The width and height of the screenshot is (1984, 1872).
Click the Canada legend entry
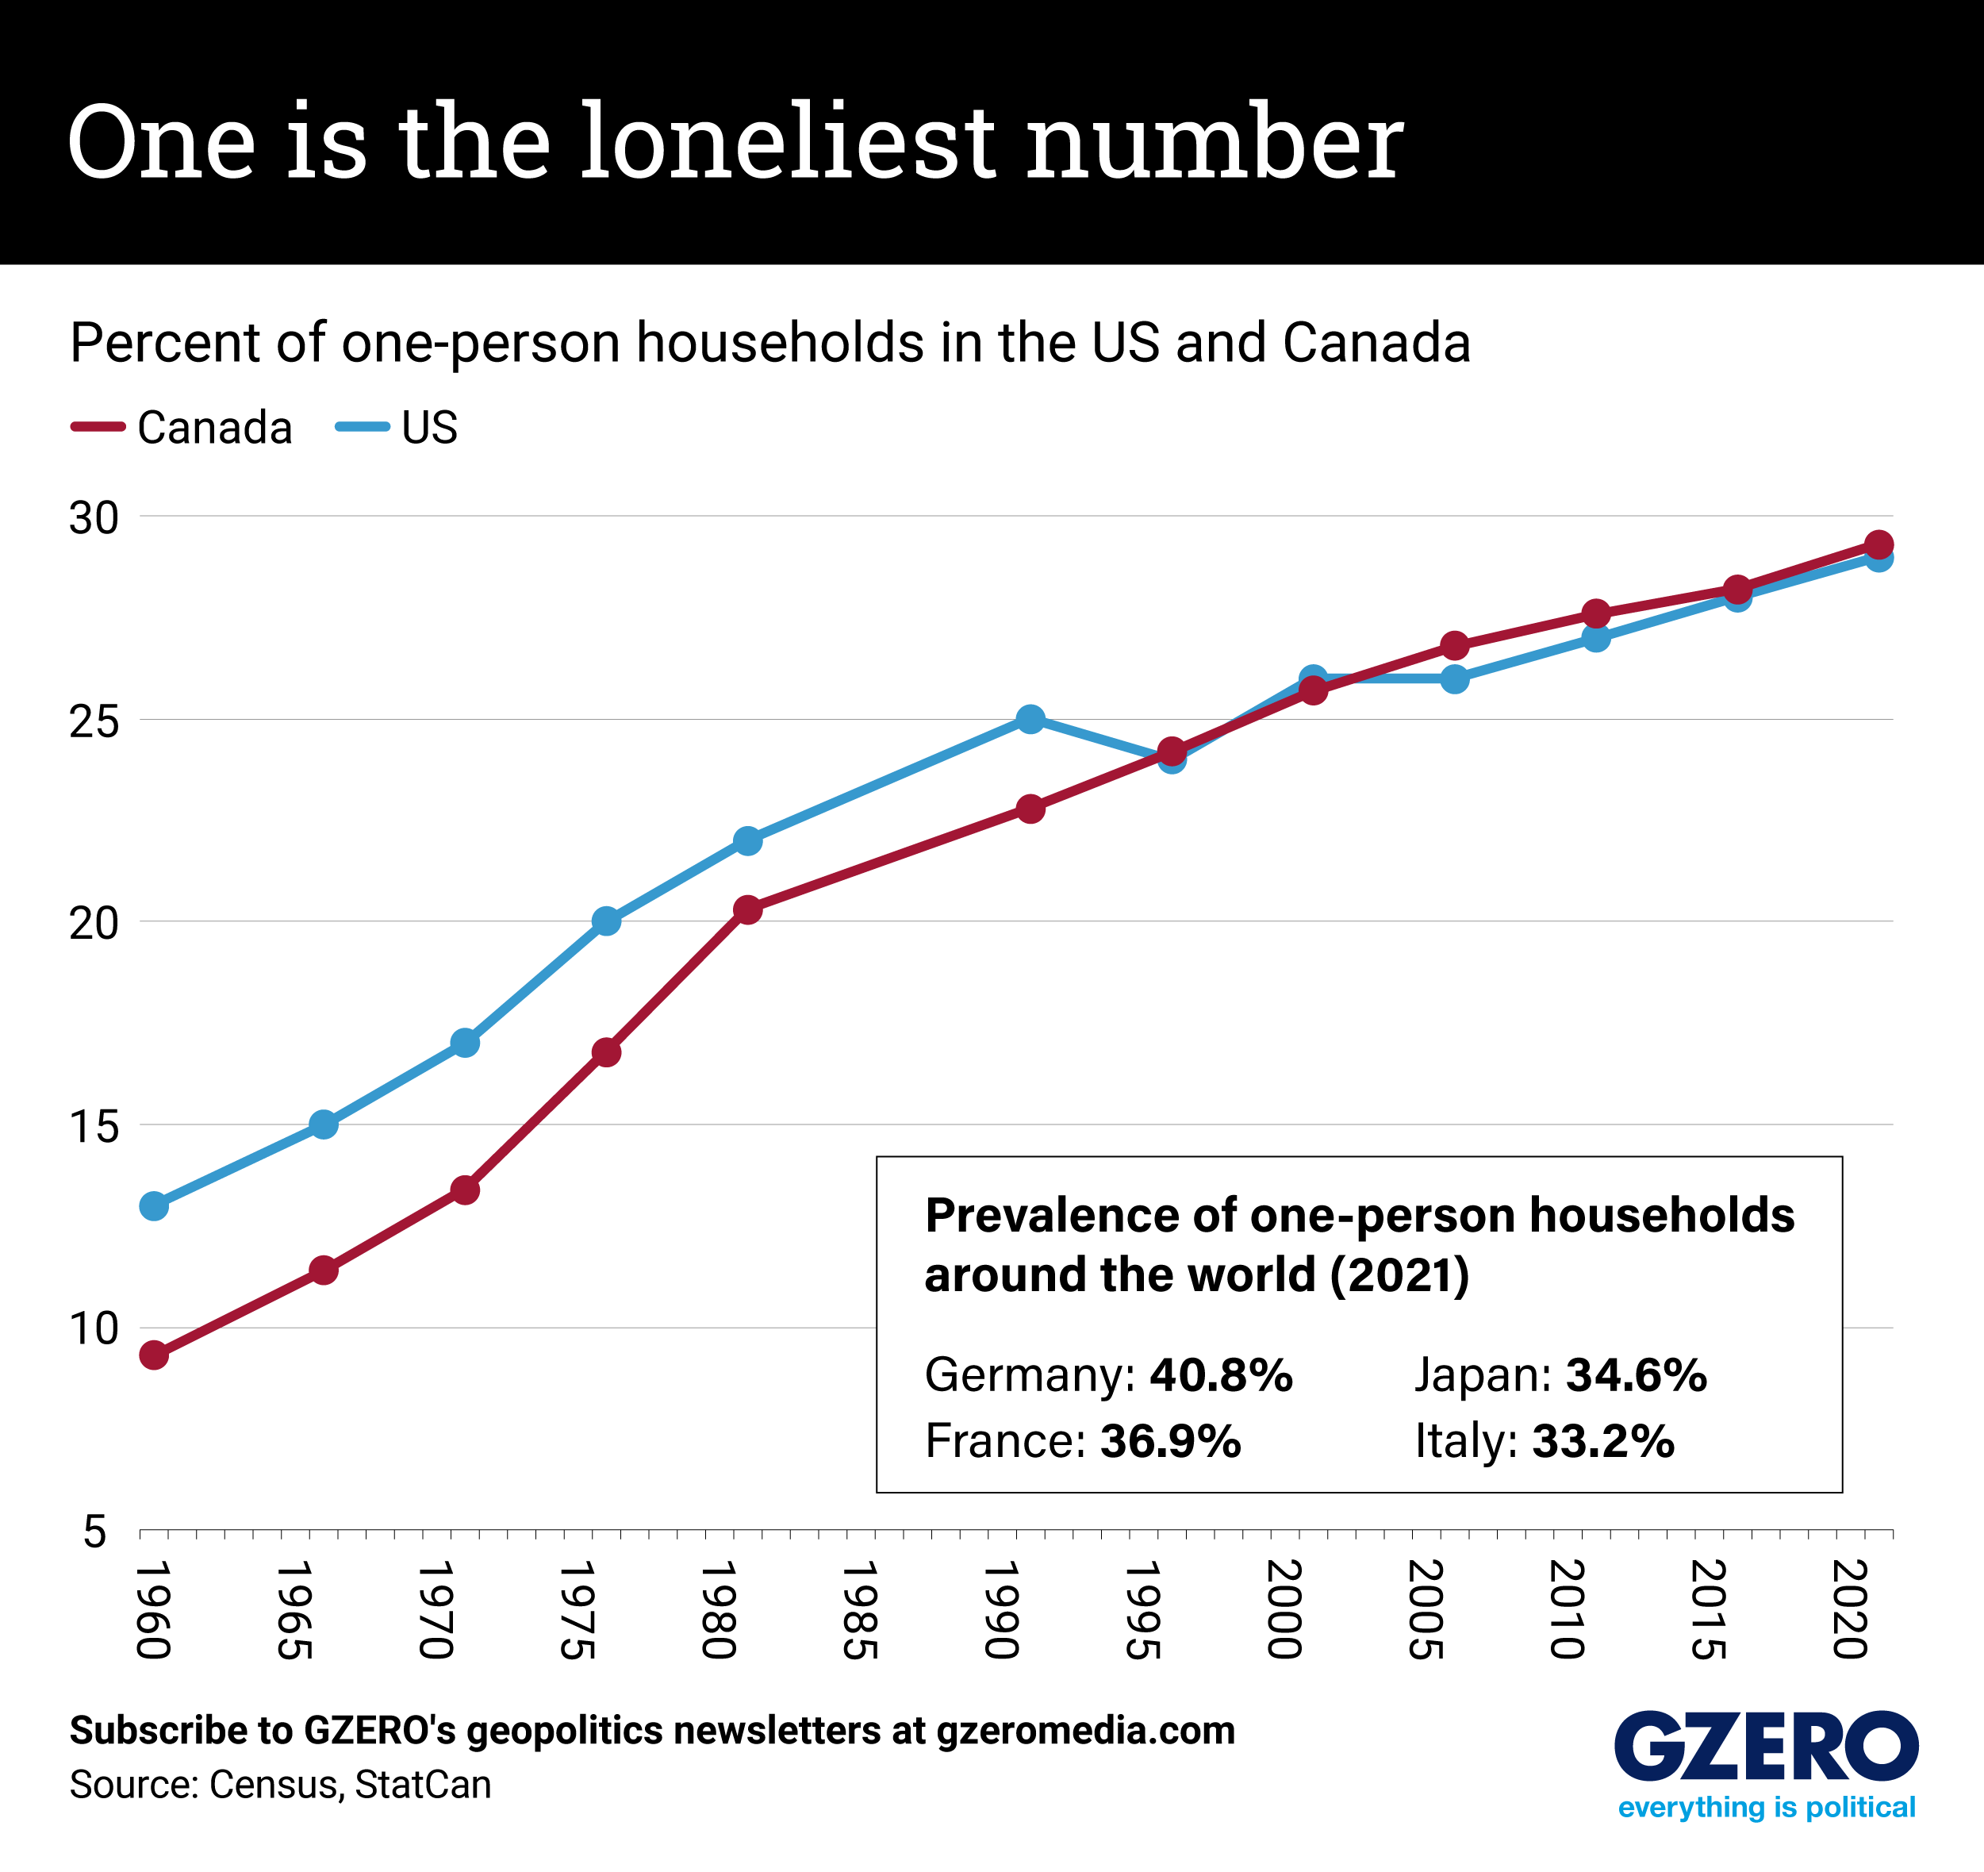(x=182, y=427)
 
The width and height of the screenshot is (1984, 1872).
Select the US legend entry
(x=397, y=427)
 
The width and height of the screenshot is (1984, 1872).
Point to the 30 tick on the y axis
(x=93, y=517)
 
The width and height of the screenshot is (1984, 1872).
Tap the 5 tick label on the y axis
(x=95, y=1531)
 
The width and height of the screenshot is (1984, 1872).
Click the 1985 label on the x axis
(x=859, y=1609)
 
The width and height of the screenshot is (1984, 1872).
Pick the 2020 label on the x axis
(x=1849, y=1609)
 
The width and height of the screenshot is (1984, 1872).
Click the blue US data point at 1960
(x=154, y=1206)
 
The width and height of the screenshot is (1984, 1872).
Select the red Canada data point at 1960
(x=154, y=1355)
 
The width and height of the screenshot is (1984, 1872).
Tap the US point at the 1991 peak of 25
(x=1031, y=719)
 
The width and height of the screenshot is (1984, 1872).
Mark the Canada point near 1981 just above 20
(x=747, y=909)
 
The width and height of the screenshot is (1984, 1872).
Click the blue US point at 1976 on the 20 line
(x=606, y=921)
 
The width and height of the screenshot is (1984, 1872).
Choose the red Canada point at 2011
(x=1596, y=613)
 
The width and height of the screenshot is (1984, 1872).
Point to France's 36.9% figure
(x=1171, y=1440)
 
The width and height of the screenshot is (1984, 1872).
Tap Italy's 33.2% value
(x=1602, y=1440)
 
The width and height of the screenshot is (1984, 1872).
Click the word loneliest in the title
(x=789, y=142)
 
